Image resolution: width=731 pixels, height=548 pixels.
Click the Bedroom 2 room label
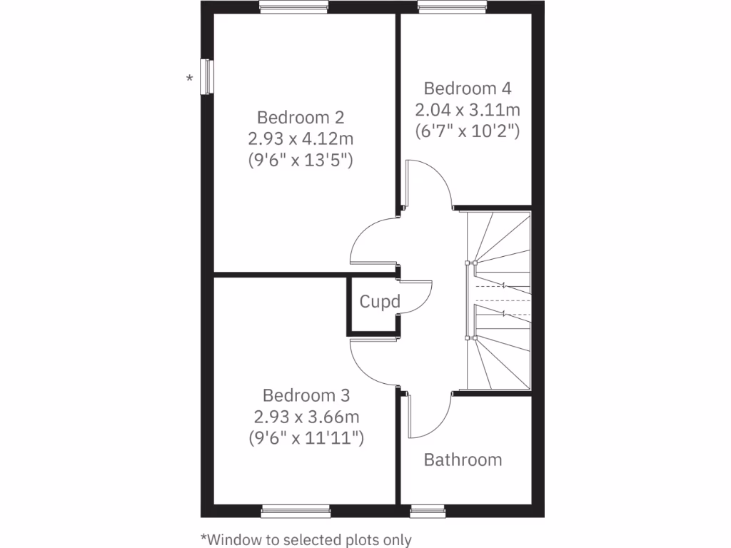301,117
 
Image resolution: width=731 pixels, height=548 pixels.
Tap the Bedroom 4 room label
468,88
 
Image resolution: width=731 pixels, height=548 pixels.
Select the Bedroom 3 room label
306,395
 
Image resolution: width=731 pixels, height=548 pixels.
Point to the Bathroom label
463,460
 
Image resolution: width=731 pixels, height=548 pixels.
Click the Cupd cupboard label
379,302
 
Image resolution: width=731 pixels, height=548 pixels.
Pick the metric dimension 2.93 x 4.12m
301,138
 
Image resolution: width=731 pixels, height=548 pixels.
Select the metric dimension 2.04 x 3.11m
468,110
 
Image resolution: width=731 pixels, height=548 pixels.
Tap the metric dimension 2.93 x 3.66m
306,416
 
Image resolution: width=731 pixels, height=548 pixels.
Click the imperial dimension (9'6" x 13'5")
301,159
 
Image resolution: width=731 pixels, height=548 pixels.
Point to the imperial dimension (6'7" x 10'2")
468,131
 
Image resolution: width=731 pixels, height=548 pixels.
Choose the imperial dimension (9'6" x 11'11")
306,437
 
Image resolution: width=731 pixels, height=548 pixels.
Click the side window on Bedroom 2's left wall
207,76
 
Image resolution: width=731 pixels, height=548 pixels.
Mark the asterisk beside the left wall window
189,78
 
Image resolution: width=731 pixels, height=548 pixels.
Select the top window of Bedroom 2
294,9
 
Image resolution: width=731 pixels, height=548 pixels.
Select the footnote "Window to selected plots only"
306,539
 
